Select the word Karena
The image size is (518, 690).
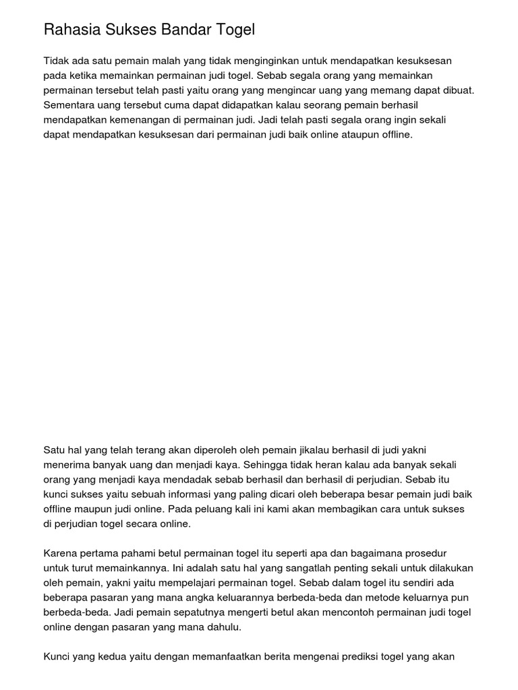click(x=60, y=553)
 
